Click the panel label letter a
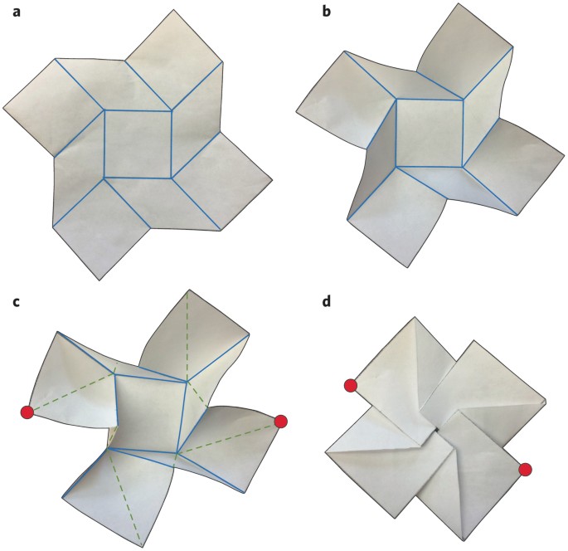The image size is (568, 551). (17, 12)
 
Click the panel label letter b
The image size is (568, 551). (327, 12)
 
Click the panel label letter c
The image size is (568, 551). (16, 302)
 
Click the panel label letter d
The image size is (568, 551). (327, 301)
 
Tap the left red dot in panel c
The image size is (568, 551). (27, 412)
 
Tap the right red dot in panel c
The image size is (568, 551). (281, 422)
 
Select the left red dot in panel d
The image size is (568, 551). (350, 386)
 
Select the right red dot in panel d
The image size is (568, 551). (525, 470)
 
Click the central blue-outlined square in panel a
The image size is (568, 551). (138, 144)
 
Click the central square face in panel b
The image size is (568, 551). (430, 133)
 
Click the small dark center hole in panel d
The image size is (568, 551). (437, 430)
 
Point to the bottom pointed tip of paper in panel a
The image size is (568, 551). (100, 280)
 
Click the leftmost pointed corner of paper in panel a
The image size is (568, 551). (3, 108)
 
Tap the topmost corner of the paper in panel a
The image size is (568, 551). (175, 10)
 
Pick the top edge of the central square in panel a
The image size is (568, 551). (138, 110)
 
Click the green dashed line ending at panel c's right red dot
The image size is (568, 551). (229, 438)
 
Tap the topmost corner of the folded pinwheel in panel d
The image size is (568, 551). (415, 317)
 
